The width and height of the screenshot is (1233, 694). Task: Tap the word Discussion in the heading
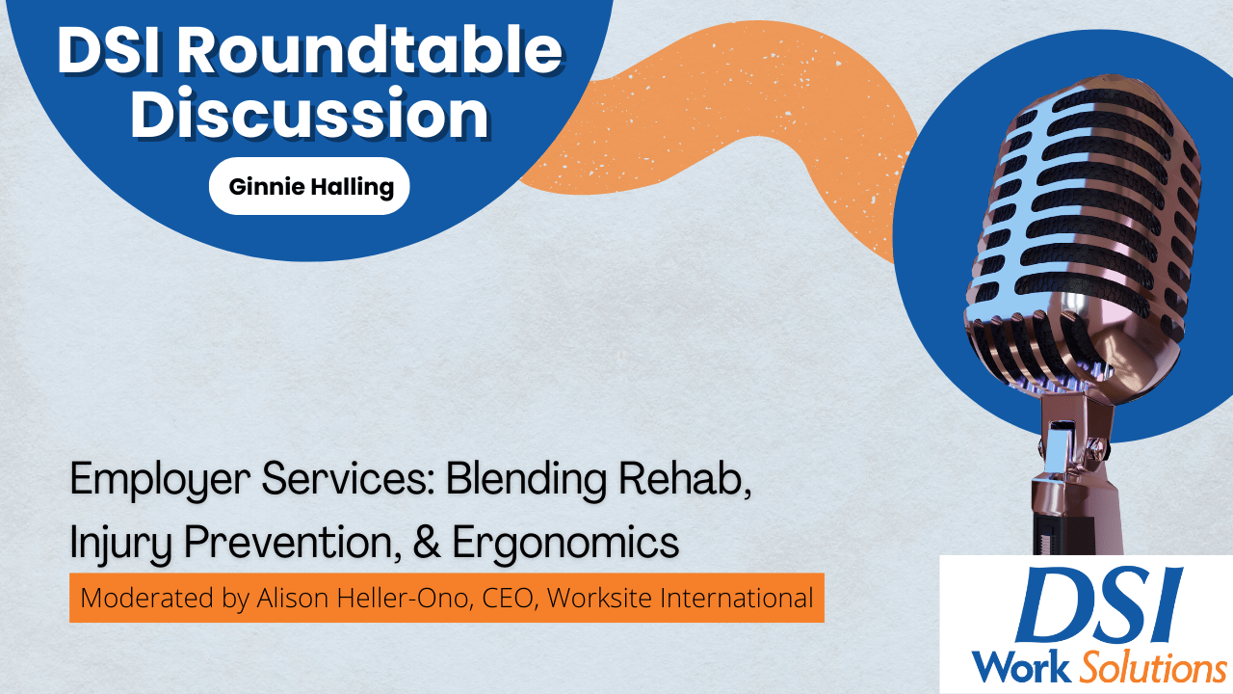[309, 115]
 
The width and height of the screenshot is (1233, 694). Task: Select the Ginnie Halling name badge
[309, 186]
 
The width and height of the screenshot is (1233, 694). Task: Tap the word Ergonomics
[565, 543]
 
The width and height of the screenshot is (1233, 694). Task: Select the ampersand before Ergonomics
[427, 543]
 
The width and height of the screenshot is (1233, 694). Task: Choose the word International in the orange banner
[732, 598]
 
